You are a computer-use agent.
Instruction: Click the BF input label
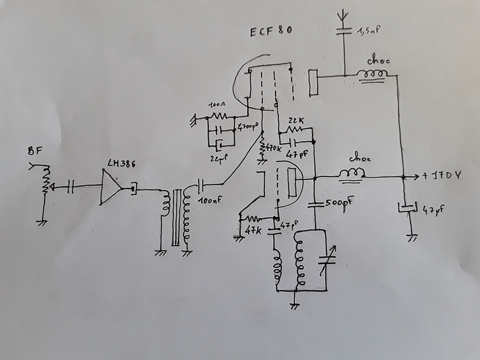click(x=33, y=151)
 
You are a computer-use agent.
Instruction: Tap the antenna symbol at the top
click(x=344, y=12)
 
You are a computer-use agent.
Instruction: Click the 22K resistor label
click(x=295, y=120)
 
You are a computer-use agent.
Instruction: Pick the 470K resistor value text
click(x=272, y=148)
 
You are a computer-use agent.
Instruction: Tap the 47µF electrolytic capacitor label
click(x=432, y=212)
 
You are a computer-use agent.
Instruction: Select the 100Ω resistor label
click(x=215, y=105)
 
